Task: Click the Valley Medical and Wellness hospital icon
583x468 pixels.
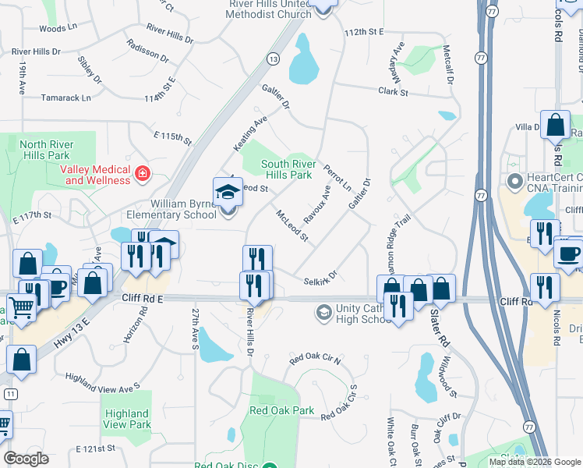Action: [x=142, y=173]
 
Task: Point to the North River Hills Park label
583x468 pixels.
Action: [x=44, y=150]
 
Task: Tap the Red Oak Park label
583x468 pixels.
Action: [x=281, y=410]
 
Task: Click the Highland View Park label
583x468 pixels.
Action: [x=126, y=419]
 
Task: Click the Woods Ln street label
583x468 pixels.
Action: [x=58, y=28]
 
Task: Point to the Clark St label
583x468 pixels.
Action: [x=393, y=92]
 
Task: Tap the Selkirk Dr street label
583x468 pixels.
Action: [x=320, y=278]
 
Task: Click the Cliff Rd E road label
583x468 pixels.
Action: [x=143, y=298]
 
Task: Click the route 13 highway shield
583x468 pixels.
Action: [x=272, y=58]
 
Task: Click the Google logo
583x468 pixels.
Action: [x=26, y=459]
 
